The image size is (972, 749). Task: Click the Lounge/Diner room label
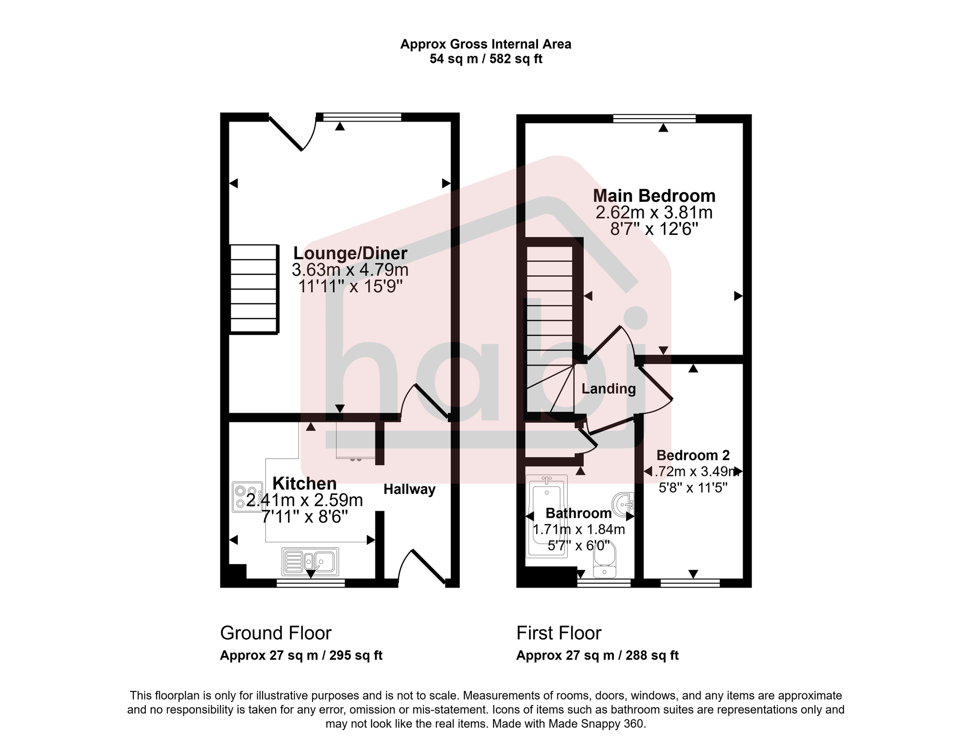[350, 253]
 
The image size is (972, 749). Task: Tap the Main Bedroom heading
[654, 196]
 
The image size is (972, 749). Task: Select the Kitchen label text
[304, 483]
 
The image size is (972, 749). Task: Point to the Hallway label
[409, 490]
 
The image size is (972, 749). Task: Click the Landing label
[608, 389]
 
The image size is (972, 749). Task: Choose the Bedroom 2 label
[693, 455]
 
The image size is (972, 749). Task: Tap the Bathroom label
[578, 513]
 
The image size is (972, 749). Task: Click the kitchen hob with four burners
[247, 497]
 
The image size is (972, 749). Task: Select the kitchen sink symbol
[311, 562]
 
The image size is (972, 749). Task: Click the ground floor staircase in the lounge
[254, 289]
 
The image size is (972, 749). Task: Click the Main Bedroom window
[654, 119]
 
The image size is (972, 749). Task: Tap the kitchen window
[311, 583]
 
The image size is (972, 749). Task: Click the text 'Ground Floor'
[276, 633]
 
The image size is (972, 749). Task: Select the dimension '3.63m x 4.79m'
[350, 270]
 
